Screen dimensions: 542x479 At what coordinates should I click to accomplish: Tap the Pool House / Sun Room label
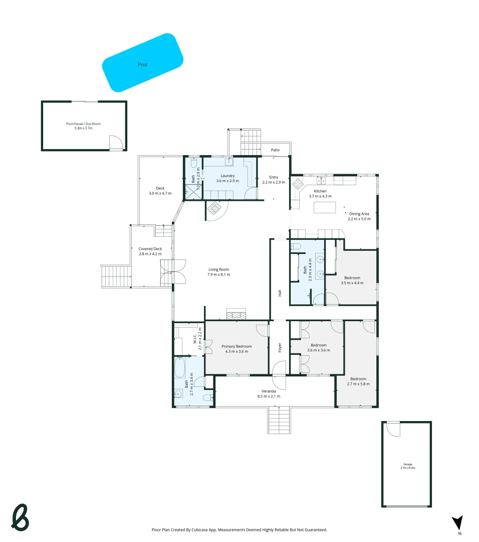click(83, 124)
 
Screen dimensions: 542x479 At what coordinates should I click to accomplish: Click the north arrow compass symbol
click(457, 523)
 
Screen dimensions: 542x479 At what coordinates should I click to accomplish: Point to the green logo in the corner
click(20, 517)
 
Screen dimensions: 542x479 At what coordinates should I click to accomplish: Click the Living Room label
click(219, 269)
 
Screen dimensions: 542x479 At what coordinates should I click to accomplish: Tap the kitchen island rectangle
click(324, 207)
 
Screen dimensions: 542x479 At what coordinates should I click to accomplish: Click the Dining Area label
click(359, 214)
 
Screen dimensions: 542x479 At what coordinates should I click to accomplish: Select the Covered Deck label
click(150, 249)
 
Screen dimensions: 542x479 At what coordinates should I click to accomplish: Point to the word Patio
click(275, 150)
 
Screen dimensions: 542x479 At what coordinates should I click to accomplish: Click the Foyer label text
click(280, 346)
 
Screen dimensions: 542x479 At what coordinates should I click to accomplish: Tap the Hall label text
click(280, 293)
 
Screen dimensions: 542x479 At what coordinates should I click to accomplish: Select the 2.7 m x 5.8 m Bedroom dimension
click(358, 384)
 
